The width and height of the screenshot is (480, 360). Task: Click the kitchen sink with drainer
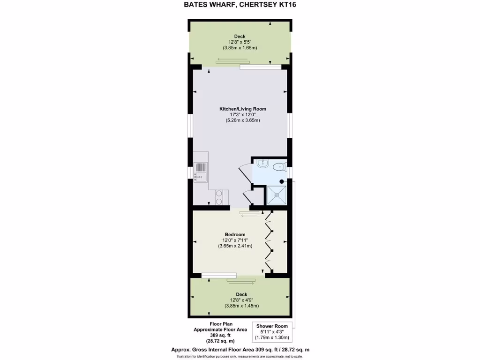(201, 172)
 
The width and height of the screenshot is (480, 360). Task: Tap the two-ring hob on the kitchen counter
(219, 197)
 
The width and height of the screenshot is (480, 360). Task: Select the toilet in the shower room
(280, 165)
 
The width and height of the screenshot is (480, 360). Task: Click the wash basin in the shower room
(262, 165)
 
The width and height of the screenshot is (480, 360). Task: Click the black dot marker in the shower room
(282, 181)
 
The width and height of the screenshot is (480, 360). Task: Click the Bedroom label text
(235, 235)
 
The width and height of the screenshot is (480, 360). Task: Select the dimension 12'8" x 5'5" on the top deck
(240, 42)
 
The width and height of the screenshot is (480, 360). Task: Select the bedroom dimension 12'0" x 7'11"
(235, 240)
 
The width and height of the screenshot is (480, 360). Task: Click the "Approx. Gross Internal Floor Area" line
(240, 350)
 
